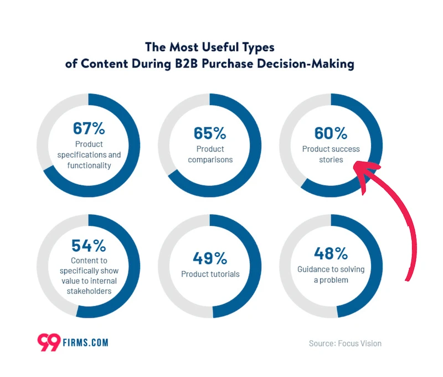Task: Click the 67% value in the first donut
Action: click(89, 128)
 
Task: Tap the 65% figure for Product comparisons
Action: click(210, 133)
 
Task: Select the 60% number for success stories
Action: click(331, 133)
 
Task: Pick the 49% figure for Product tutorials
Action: click(210, 258)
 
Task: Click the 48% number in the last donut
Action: click(331, 254)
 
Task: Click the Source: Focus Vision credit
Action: click(345, 343)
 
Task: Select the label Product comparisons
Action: click(210, 154)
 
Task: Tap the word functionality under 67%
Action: click(89, 166)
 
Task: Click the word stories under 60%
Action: click(331, 160)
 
